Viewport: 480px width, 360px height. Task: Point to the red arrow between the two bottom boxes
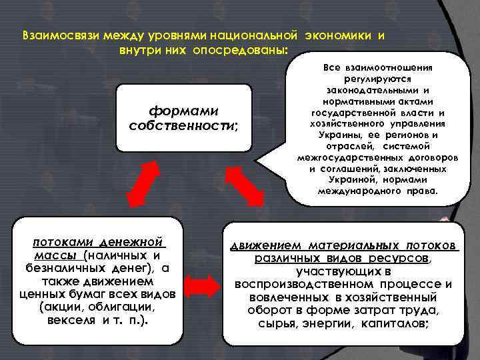click(x=198, y=285)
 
